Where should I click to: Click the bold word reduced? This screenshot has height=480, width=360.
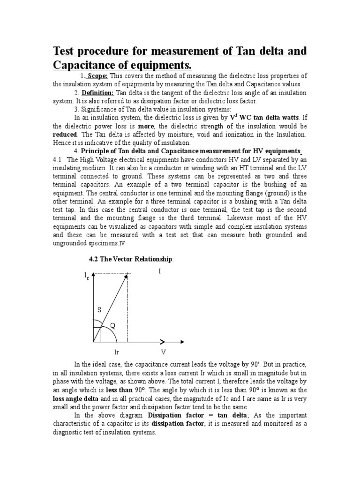pyautogui.click(x=63, y=134)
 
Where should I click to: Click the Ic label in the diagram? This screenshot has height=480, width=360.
pyautogui.click(x=87, y=277)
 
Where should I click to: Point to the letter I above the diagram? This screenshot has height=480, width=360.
pyautogui.click(x=160, y=271)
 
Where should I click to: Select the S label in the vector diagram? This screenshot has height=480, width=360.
pyautogui.click(x=99, y=310)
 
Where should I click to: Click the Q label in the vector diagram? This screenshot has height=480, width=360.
pyautogui.click(x=112, y=325)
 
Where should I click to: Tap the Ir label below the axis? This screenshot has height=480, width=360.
pyautogui.click(x=117, y=351)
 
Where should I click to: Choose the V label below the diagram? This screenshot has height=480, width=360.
pyautogui.click(x=164, y=351)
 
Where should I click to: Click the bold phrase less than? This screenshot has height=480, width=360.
pyautogui.click(x=119, y=390)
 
